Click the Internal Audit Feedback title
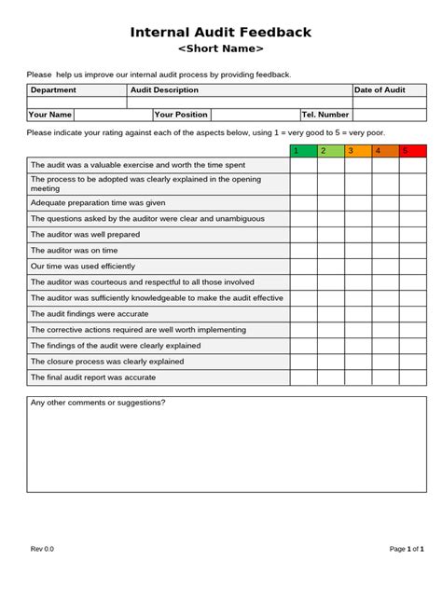pos(221,32)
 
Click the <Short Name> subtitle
pos(221,49)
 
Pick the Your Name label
pos(50,115)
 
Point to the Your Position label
pos(181,115)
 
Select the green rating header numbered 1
pos(303,151)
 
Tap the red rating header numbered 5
pos(413,151)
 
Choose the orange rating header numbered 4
pos(385,151)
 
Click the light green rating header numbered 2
pos(330,151)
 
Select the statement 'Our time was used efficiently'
pos(83,267)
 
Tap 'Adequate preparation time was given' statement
pos(98,202)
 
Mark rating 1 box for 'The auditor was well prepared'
pos(303,235)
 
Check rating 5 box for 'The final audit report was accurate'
pos(413,377)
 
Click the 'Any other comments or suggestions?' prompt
pos(98,403)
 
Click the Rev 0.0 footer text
pos(42,550)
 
